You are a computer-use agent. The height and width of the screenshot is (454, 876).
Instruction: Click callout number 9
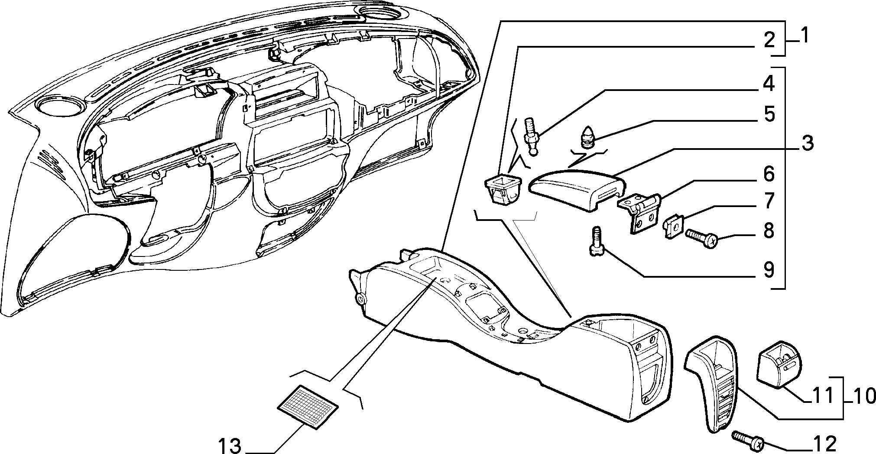tap(769, 271)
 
